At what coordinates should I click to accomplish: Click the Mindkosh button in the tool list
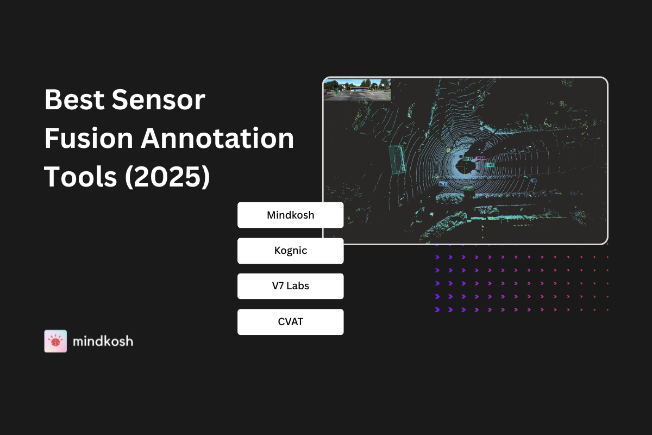[291, 215]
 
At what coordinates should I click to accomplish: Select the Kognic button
[291, 251]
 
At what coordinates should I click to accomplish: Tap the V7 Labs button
[291, 286]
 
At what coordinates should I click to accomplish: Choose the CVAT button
[291, 322]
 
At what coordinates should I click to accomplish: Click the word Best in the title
[74, 100]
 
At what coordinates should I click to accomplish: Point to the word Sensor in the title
[159, 100]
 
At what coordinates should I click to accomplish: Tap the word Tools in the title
[80, 177]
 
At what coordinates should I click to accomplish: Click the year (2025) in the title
[167, 177]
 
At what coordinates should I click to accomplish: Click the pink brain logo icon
[55, 341]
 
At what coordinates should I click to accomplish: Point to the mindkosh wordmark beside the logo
[103, 341]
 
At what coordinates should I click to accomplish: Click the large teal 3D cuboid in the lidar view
[398, 160]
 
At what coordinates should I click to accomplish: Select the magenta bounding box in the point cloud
[480, 158]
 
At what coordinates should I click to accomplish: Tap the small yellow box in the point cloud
[449, 150]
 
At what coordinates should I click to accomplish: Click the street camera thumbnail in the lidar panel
[358, 90]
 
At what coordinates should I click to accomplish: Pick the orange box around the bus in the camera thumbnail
[359, 89]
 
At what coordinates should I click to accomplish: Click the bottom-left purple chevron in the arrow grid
[437, 310]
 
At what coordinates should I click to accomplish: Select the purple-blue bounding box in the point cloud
[443, 184]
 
